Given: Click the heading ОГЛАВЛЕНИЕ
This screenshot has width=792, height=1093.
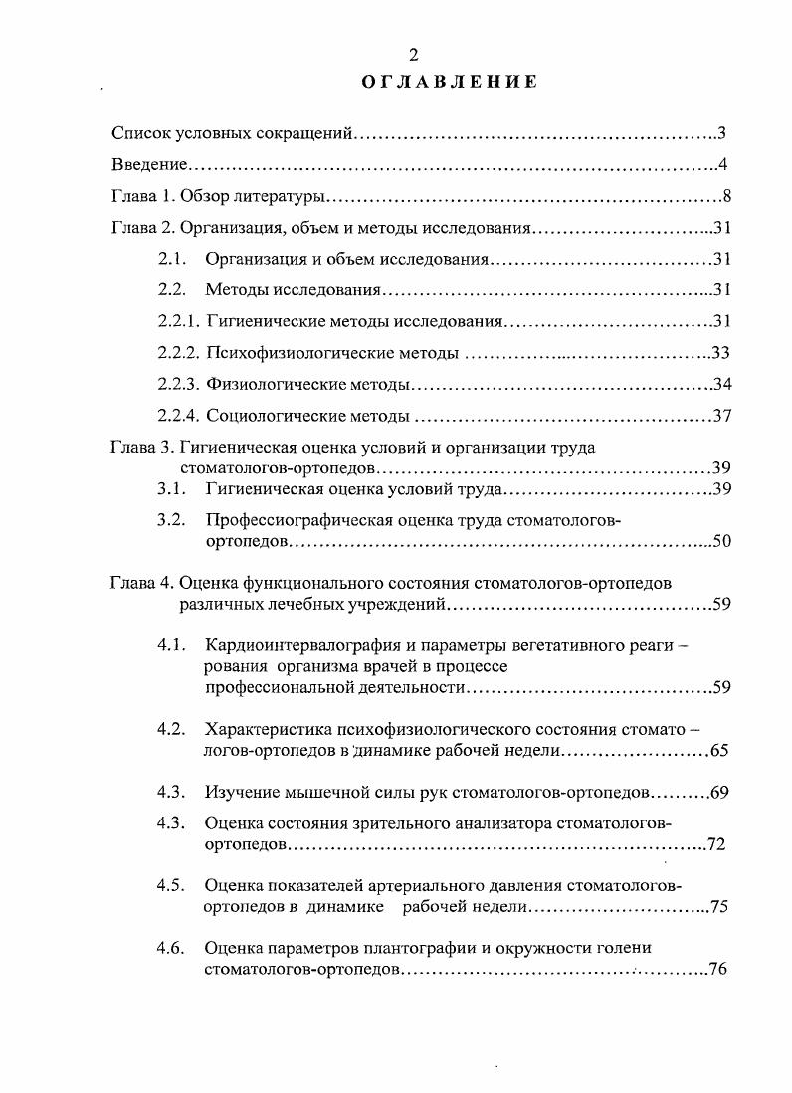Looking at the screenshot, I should (x=450, y=82).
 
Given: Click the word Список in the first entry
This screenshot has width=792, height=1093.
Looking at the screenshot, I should (x=140, y=132).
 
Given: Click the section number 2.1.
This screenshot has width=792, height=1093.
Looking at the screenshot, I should (x=173, y=260).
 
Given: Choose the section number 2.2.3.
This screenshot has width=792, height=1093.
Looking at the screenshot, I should (x=180, y=384).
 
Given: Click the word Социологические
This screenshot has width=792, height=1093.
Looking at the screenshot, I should (x=271, y=416).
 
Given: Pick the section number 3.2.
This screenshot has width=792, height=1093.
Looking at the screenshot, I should (x=173, y=519).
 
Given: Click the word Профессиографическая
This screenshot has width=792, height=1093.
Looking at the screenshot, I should (x=290, y=519).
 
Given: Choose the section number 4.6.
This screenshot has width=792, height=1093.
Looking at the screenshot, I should (x=173, y=947).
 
